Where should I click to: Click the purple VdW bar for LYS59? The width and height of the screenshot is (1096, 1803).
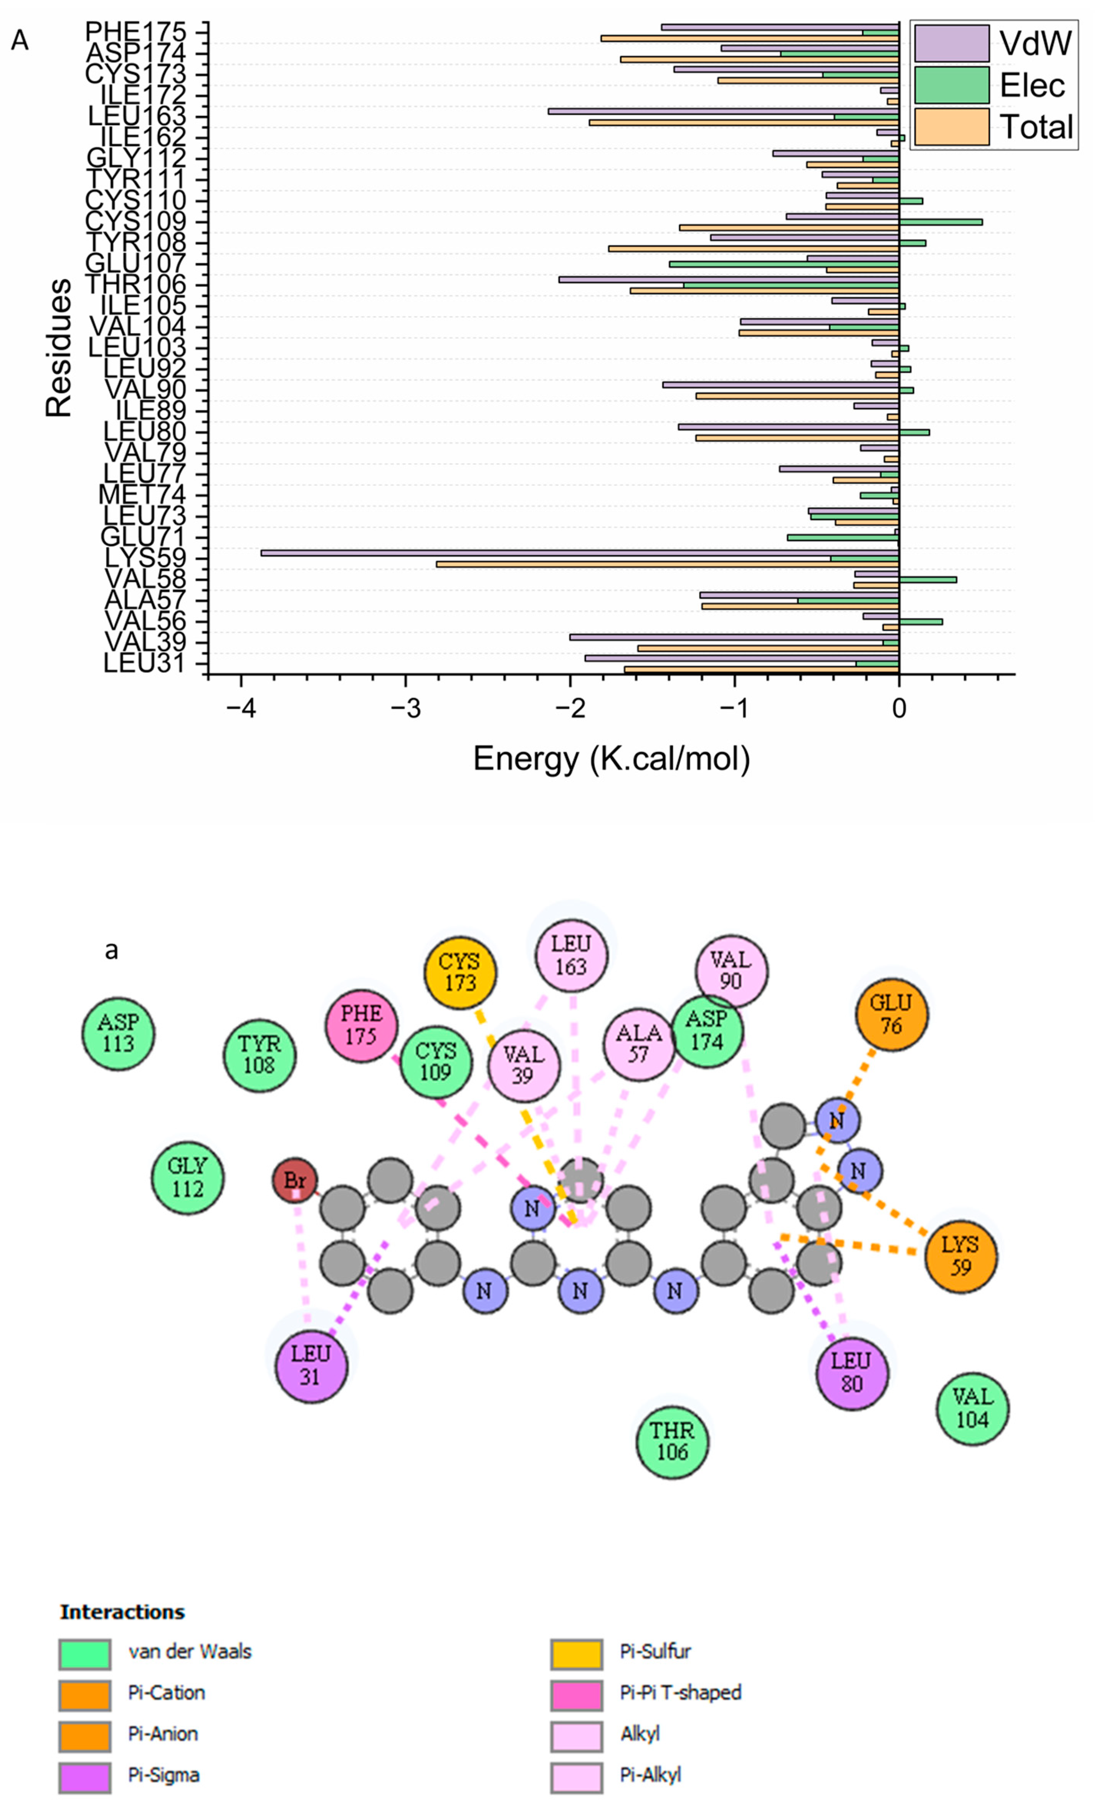578,553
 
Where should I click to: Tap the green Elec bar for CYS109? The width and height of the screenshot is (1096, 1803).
940,222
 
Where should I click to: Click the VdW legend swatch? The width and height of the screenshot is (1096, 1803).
951,44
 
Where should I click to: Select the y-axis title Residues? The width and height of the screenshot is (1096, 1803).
58,348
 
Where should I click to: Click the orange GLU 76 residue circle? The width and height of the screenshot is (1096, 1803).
891,1015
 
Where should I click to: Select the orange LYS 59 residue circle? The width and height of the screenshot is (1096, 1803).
960,1257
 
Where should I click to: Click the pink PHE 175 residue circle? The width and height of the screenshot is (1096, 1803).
362,1025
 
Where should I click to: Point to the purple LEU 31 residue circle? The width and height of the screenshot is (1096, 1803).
311,1366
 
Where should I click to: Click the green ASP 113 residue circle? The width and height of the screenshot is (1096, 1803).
118,1033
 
